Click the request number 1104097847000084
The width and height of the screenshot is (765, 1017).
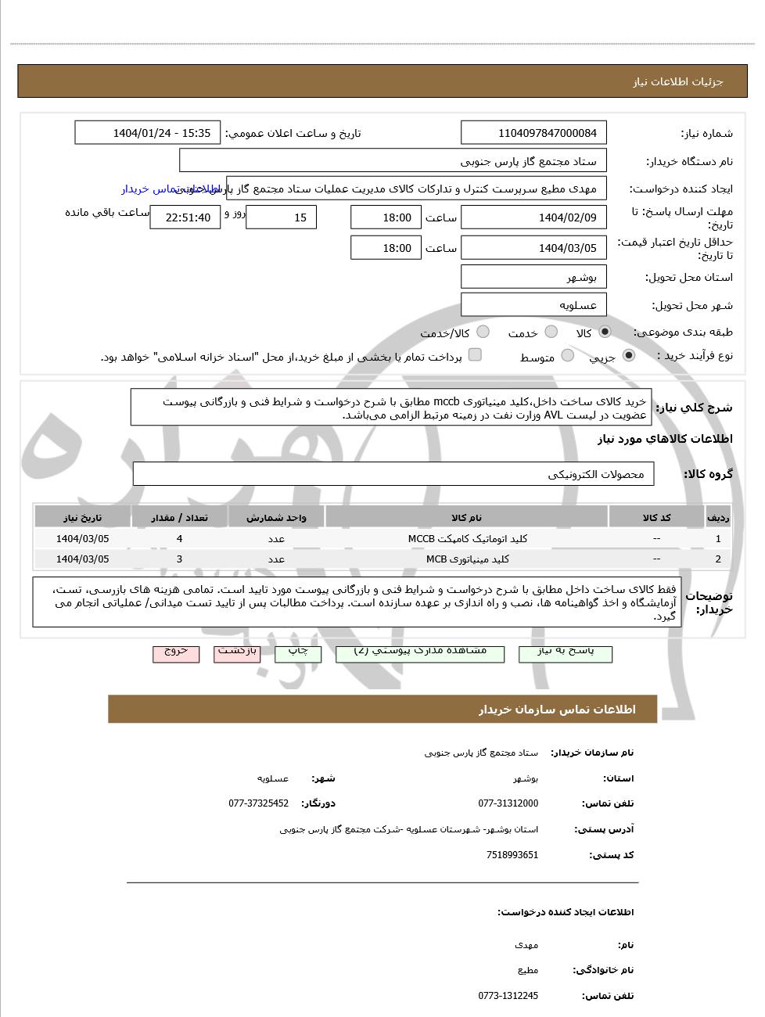pyautogui.click(x=534, y=133)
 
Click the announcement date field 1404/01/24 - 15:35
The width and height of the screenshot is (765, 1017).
pyautogui.click(x=148, y=133)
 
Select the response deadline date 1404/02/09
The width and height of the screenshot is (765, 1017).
pyautogui.click(x=534, y=217)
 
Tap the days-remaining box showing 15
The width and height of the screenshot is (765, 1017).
pyautogui.click(x=281, y=217)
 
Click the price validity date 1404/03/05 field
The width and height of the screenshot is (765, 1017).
pyautogui.click(x=534, y=248)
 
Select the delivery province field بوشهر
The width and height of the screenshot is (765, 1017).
pyautogui.click(x=534, y=277)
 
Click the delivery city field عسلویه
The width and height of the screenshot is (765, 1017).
pyautogui.click(x=534, y=305)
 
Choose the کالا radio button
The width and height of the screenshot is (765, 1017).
pyautogui.click(x=605, y=332)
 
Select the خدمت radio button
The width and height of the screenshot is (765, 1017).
pyautogui.click(x=551, y=332)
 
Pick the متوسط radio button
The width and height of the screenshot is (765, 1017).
pyautogui.click(x=568, y=356)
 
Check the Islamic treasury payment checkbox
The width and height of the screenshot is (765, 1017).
pyautogui.click(x=475, y=355)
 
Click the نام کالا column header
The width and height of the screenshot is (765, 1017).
pyautogui.click(x=466, y=518)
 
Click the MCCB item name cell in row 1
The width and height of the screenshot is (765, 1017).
pyautogui.click(x=467, y=539)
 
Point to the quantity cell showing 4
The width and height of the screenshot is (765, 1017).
pyautogui.click(x=179, y=539)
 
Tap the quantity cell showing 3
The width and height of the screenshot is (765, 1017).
pyautogui.click(x=179, y=559)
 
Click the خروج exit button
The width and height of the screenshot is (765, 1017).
pyautogui.click(x=176, y=652)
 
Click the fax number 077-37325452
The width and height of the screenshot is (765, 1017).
pyautogui.click(x=259, y=803)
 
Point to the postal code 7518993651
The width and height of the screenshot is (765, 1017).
pyautogui.click(x=512, y=855)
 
